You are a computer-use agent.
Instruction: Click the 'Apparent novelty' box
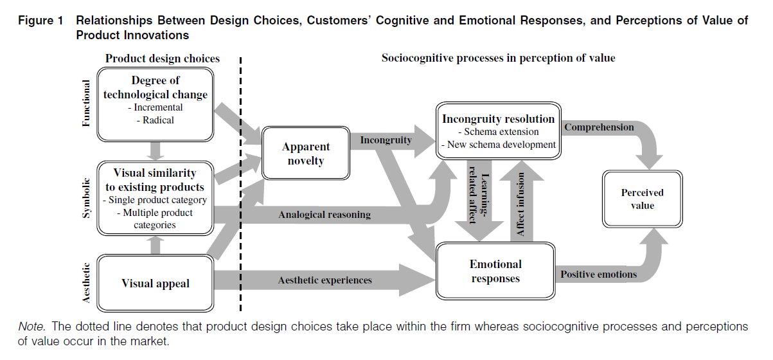pos(306,154)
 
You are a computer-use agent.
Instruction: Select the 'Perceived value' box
pos(642,199)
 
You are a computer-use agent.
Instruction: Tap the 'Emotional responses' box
pos(495,271)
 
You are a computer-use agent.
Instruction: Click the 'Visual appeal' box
pos(155,283)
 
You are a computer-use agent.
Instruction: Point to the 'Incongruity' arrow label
pos(386,139)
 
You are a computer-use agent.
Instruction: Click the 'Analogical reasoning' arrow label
pos(324,214)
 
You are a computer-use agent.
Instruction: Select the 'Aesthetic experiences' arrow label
pos(324,280)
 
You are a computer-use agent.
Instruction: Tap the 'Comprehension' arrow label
pos(599,127)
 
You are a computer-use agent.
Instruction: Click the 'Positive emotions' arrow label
pos(598,274)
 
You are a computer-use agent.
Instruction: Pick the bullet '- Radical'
pos(154,120)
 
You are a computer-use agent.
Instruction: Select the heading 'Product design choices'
pos(163,59)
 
